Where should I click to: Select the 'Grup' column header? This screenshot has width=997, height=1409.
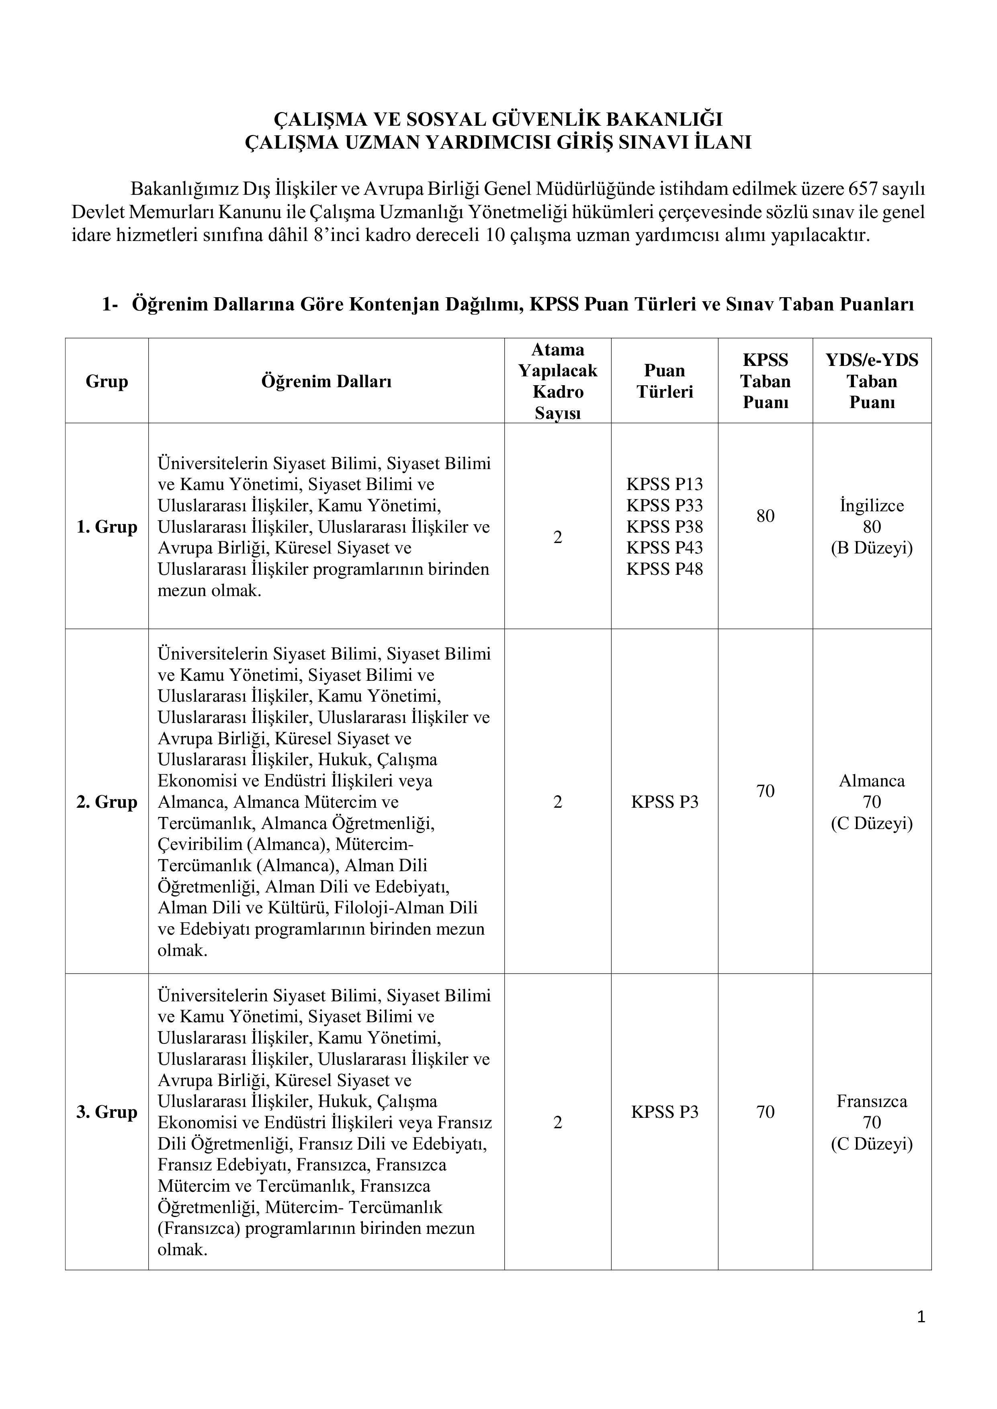(107, 381)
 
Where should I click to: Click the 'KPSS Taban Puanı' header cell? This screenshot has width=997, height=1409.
(765, 381)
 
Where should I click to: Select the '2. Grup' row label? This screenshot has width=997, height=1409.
(107, 802)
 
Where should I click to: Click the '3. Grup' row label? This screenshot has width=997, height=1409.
(107, 1112)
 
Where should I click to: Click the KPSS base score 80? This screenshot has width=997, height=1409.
(765, 516)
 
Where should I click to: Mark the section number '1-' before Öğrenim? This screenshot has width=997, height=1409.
(110, 305)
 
